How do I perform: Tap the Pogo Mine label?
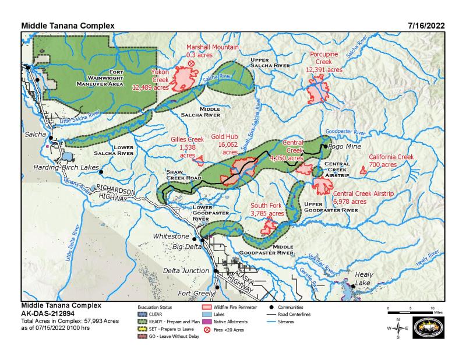pos(345,148)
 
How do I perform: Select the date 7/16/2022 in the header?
pos(427,26)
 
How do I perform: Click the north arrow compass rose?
pos(398,329)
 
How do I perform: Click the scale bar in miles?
pos(411,312)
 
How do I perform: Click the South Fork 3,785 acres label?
pos(267,210)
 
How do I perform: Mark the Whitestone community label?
pos(171,237)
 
